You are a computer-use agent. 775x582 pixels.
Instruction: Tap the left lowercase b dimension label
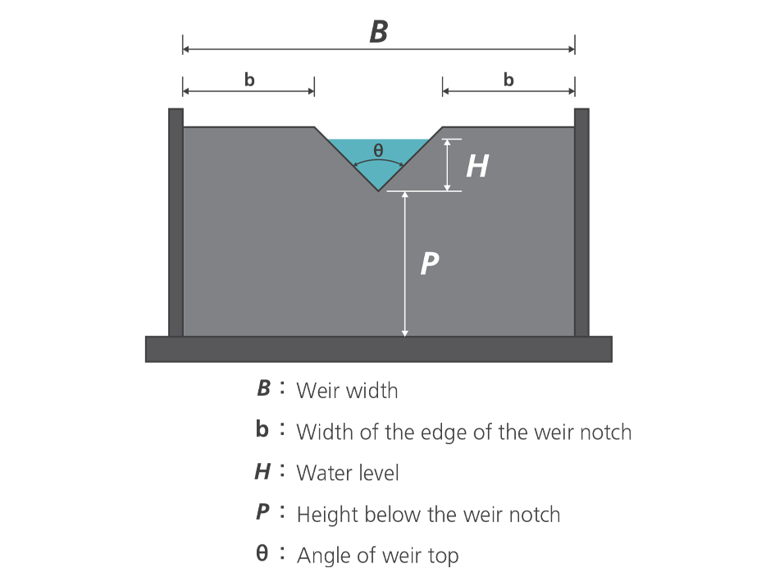click(249, 80)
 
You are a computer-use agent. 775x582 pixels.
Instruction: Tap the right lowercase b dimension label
click(508, 80)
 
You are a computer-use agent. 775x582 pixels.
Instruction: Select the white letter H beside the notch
click(476, 167)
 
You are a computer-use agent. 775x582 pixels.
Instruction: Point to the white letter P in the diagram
click(429, 264)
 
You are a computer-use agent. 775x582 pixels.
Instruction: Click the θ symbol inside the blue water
click(378, 150)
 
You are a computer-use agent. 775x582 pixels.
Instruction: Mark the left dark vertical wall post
click(176, 222)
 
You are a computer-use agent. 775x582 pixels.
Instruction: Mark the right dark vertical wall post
click(581, 222)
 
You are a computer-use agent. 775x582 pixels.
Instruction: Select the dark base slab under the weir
click(378, 349)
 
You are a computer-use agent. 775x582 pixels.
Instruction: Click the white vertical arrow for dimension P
click(404, 263)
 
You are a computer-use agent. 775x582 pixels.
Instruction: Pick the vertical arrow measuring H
click(447, 165)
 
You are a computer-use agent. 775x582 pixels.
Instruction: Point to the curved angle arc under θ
click(378, 162)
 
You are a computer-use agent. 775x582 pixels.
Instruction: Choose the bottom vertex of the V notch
click(378, 190)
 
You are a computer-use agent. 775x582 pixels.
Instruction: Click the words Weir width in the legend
click(347, 390)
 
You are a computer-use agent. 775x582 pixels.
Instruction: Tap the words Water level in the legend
click(347, 473)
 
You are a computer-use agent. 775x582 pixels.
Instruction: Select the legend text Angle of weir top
click(377, 556)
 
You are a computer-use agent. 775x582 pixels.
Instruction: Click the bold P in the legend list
click(262, 513)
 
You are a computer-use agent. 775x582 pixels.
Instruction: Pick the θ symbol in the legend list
click(262, 554)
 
